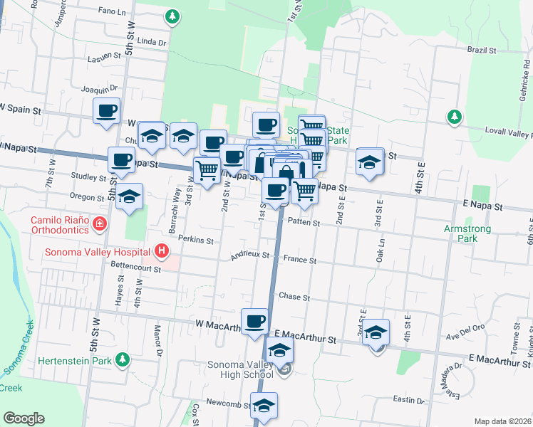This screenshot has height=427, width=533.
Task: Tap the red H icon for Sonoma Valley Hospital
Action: point(162,251)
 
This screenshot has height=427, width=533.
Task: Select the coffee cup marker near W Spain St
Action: point(107,111)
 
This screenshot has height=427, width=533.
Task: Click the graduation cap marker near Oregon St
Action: point(129,196)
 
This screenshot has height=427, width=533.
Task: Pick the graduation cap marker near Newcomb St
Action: point(264,405)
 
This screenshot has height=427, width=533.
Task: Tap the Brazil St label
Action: point(482,51)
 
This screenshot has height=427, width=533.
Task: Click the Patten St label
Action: point(304,223)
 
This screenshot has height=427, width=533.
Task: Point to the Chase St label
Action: point(294,296)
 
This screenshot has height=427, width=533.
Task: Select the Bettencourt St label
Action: point(133,263)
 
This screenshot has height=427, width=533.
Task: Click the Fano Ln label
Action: point(116,12)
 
